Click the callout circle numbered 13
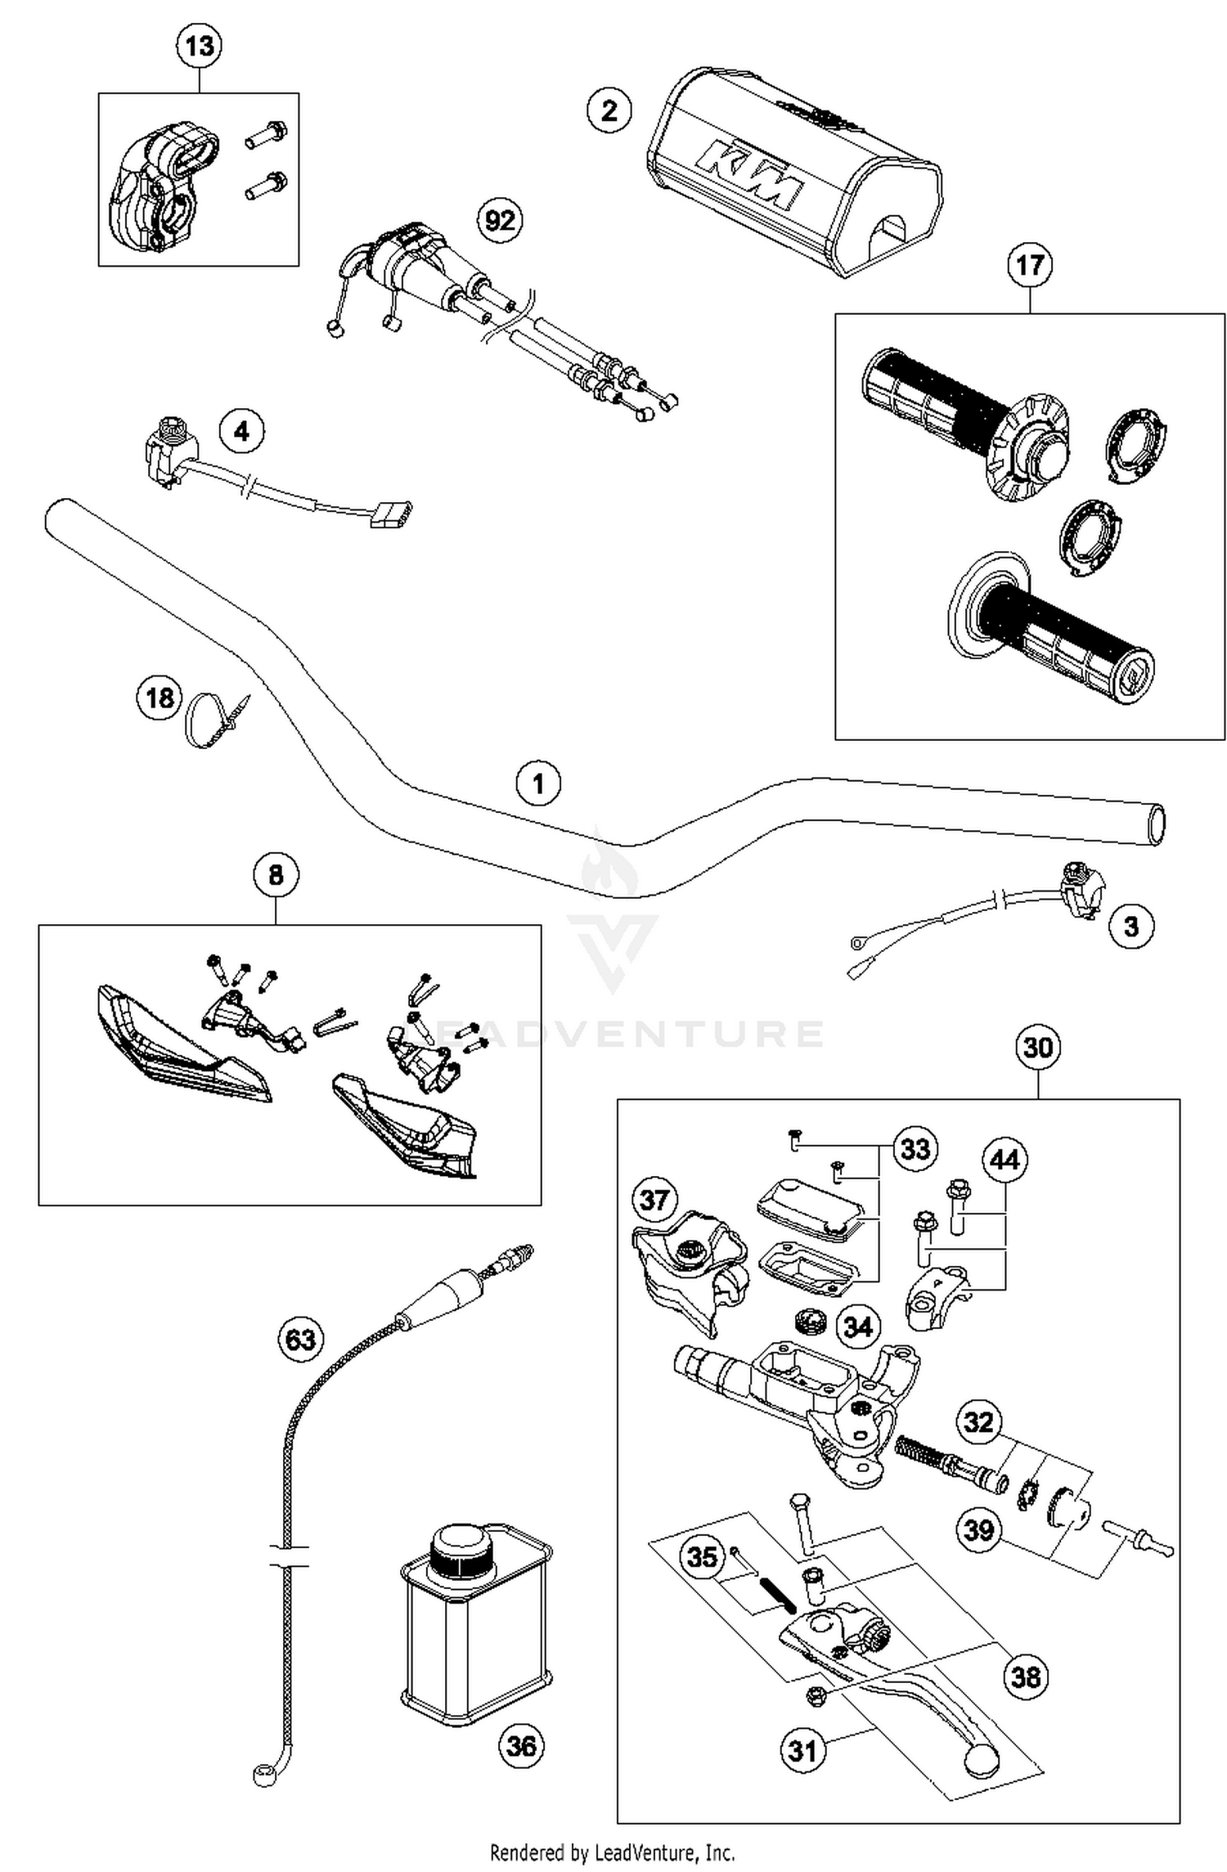(200, 46)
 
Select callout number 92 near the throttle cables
(500, 221)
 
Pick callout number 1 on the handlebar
(537, 784)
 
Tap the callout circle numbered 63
(300, 1340)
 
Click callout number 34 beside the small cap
(857, 1327)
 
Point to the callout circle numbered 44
(1005, 1160)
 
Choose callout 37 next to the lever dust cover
(654, 1201)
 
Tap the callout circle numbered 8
(276, 875)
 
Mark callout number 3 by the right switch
(1130, 927)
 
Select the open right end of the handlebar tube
(1155, 824)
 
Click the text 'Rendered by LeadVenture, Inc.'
(612, 1852)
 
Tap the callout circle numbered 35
(703, 1556)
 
